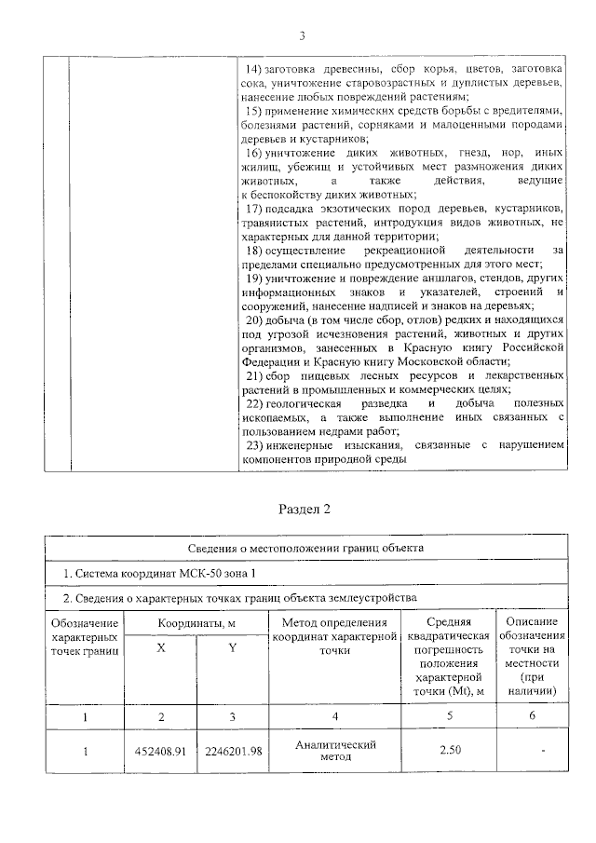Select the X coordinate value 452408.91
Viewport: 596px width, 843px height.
point(160,752)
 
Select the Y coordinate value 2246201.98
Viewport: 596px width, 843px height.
point(233,752)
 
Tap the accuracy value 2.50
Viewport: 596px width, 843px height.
point(452,752)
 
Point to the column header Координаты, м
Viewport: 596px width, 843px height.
point(195,621)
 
